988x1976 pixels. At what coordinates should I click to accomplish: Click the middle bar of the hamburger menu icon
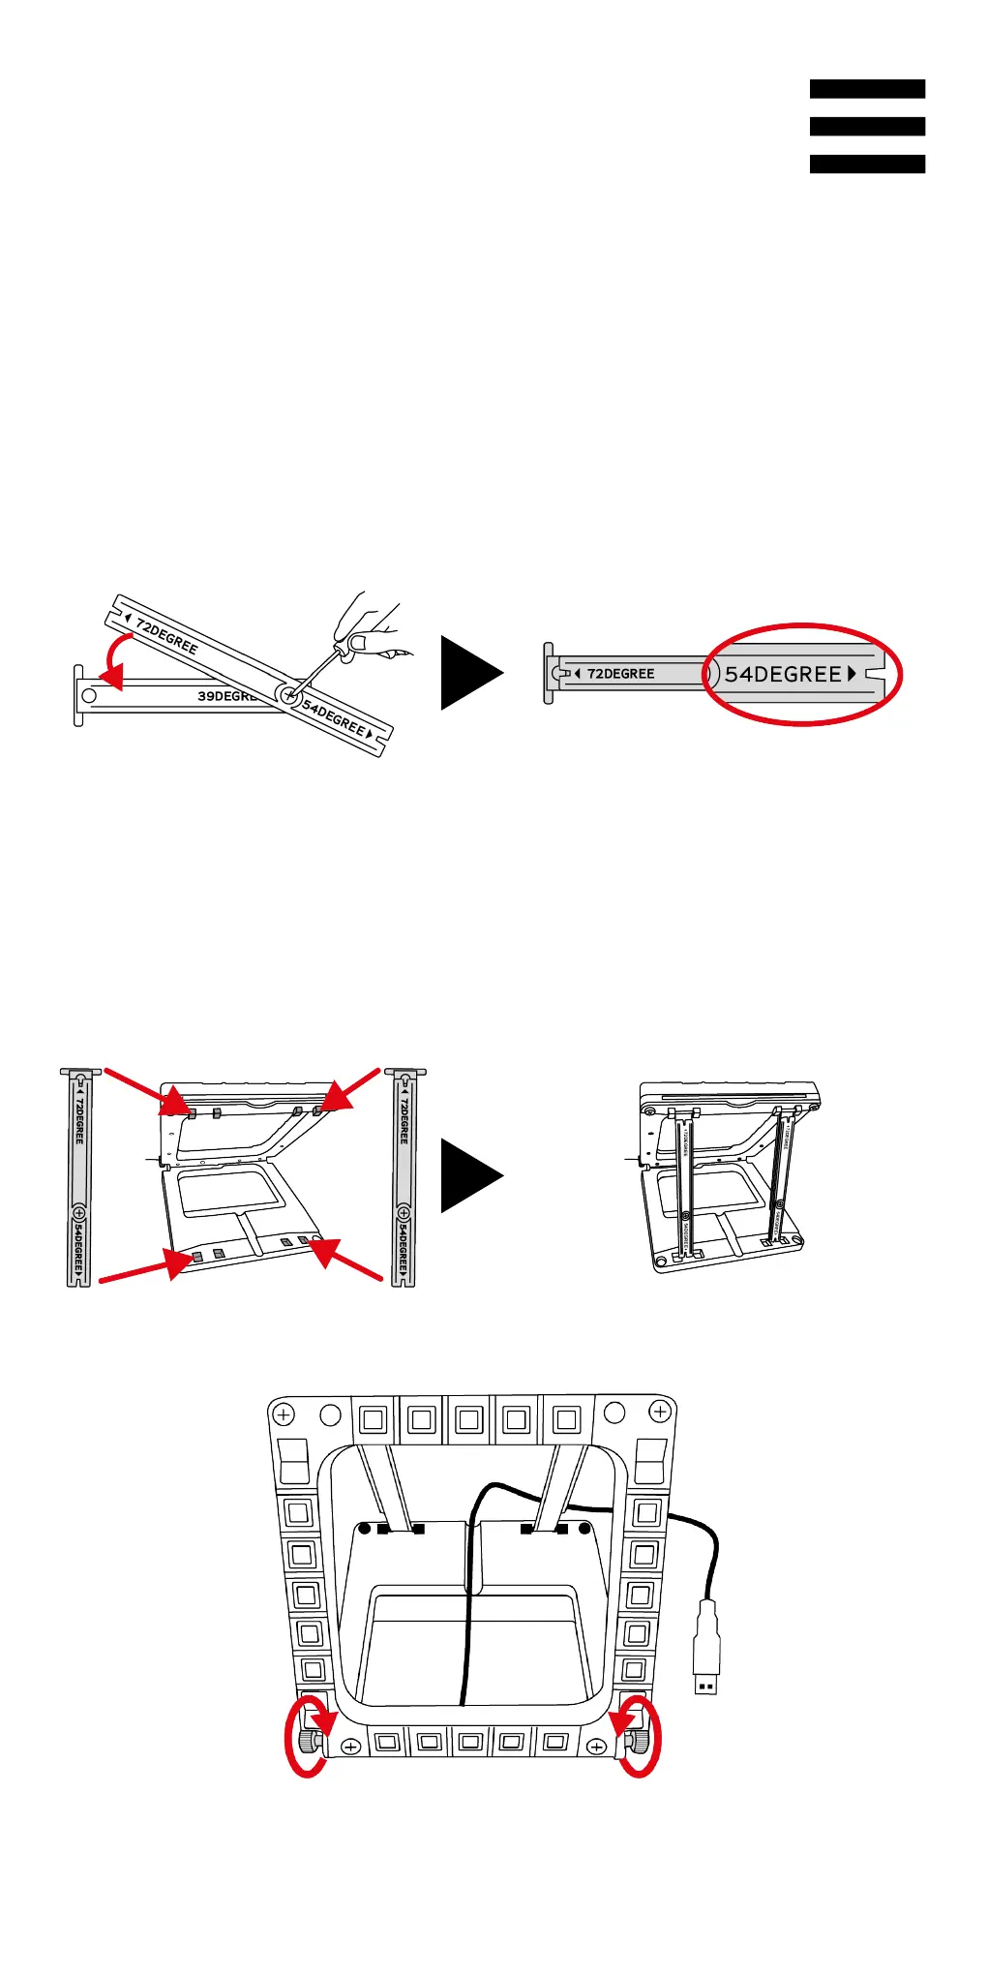pos(867,126)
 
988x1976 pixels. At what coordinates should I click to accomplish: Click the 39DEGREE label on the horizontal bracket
pos(225,696)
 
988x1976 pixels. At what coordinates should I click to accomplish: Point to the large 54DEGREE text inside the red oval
pos(784,675)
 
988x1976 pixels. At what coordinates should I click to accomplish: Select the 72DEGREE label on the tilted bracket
pos(166,636)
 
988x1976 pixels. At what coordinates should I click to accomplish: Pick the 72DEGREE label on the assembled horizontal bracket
pos(620,674)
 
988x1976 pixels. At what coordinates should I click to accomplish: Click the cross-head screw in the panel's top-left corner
pos(284,1415)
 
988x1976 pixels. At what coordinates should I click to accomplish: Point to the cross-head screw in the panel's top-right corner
pos(660,1413)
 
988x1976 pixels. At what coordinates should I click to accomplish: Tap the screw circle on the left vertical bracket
pos(78,1213)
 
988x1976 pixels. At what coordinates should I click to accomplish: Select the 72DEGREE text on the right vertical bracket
pos(404,1121)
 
